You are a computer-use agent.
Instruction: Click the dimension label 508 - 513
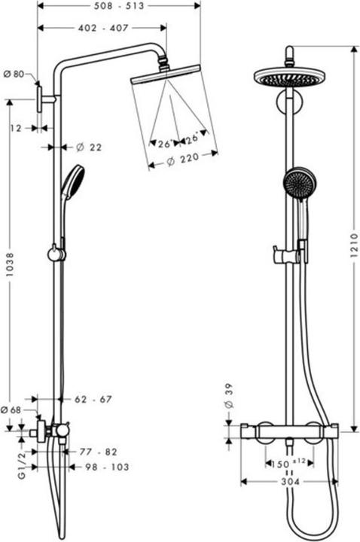(x=118, y=6)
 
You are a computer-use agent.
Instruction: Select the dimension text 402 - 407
(x=103, y=28)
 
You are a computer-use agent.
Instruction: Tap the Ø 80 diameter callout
(x=14, y=74)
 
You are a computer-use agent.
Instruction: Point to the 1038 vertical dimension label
(x=10, y=264)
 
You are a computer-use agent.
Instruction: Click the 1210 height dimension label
(x=355, y=245)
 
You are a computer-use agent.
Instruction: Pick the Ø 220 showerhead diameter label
(x=183, y=160)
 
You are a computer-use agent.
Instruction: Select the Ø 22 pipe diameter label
(x=89, y=148)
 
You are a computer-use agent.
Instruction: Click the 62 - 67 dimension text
(x=93, y=400)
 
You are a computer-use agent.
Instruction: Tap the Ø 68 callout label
(x=11, y=410)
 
